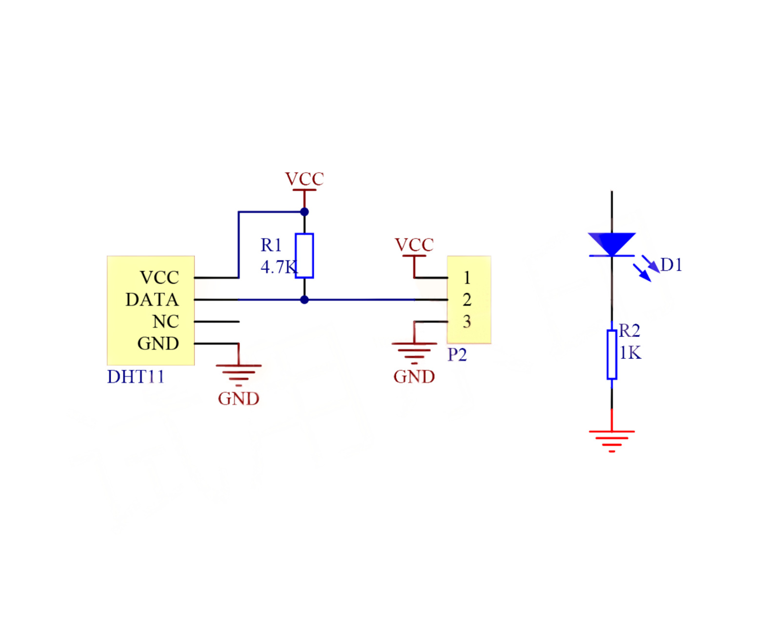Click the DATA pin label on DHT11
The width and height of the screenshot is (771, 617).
tap(152, 299)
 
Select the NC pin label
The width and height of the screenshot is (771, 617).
tap(165, 321)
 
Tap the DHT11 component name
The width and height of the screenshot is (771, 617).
tap(135, 376)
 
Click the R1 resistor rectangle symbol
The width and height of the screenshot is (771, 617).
tap(304, 255)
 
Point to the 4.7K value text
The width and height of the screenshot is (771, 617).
tap(278, 267)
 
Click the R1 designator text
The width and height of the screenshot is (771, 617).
tap(271, 245)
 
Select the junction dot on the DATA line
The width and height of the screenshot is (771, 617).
tap(304, 300)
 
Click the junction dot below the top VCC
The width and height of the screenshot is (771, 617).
tap(304, 212)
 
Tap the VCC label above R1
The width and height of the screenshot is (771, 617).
tap(304, 179)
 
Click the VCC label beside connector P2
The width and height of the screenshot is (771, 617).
tap(414, 245)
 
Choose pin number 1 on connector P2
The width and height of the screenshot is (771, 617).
tap(467, 278)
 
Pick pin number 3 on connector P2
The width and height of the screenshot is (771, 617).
tap(467, 321)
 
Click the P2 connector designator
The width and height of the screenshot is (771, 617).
tap(457, 354)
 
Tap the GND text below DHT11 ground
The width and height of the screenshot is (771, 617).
tap(238, 398)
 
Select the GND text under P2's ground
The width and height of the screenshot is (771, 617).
tap(414, 376)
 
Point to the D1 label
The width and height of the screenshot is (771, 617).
tap(671, 265)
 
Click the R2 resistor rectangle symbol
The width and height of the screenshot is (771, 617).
tap(611, 354)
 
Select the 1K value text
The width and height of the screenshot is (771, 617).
tap(630, 352)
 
